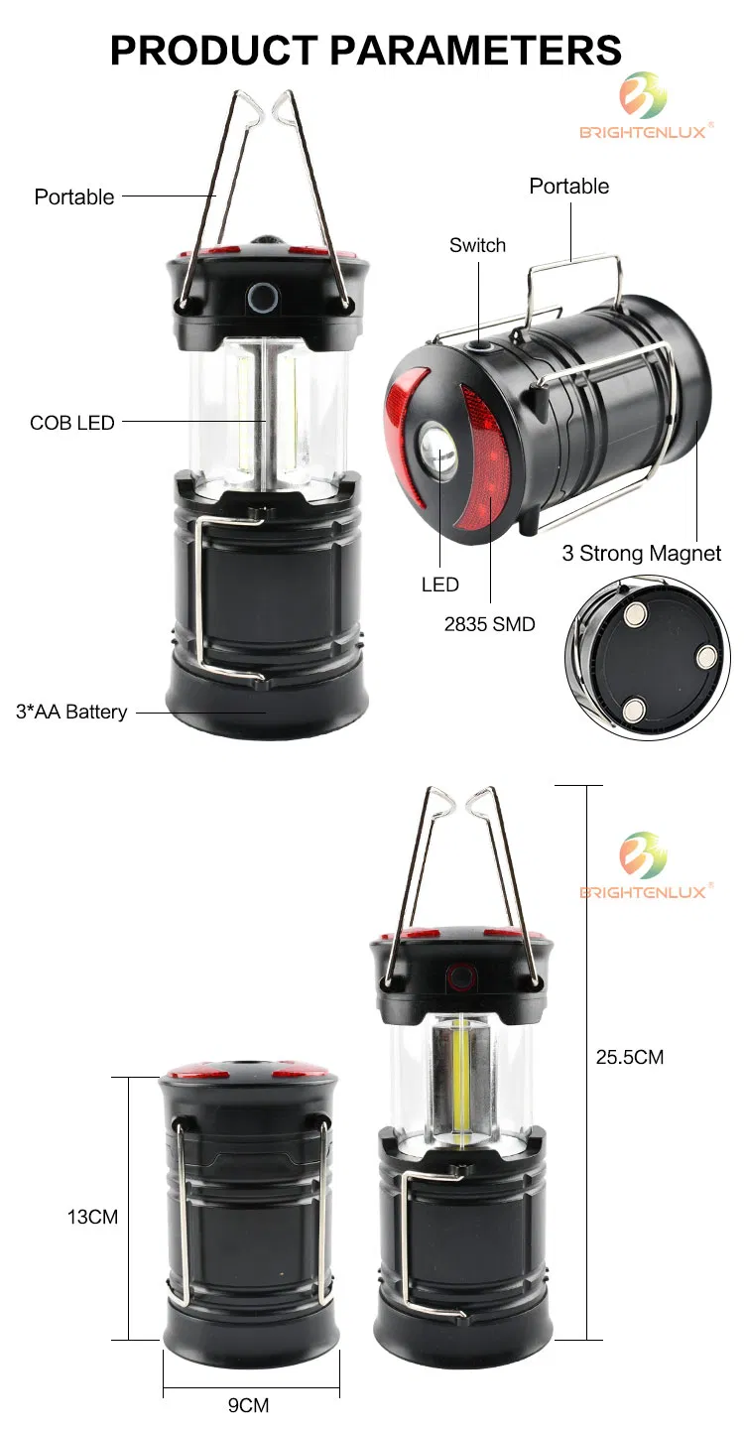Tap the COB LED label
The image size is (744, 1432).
pos(72,423)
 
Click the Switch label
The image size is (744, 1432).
pos(477,245)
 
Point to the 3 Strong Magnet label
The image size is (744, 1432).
pos(642,553)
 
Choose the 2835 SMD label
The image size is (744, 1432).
pos(489,624)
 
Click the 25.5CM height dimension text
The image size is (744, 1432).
pos(630,1057)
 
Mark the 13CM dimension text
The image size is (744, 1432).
pos(92,1217)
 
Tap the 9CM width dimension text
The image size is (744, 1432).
pos(248,1405)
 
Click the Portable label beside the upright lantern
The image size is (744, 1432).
pos(74,196)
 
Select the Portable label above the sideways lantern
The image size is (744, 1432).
pos(569,186)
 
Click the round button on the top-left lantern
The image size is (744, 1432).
pos(263,296)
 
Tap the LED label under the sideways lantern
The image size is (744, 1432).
pos(440,585)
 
